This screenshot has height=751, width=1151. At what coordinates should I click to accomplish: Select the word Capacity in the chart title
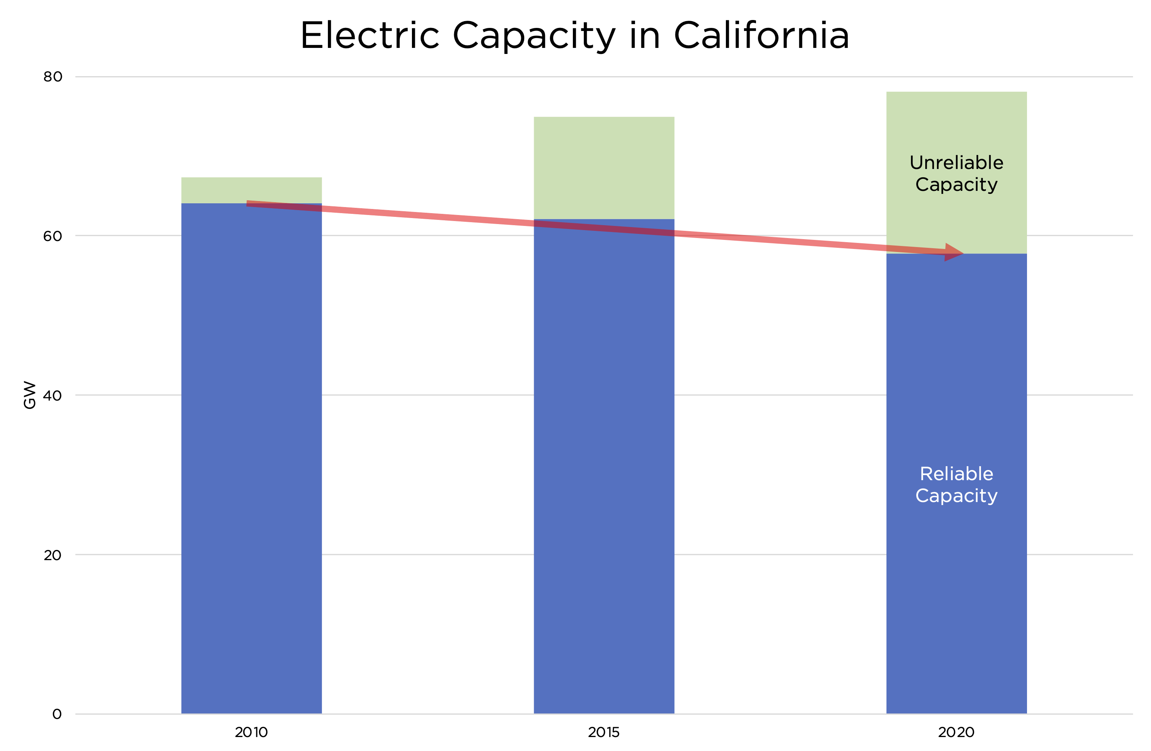tap(534, 36)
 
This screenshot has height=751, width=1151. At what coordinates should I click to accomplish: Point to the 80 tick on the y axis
tap(53, 77)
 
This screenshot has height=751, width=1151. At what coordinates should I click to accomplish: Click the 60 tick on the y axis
tap(53, 236)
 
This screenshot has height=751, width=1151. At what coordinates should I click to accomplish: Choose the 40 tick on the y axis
tap(53, 395)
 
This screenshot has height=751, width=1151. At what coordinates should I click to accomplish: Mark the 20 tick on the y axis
tap(53, 554)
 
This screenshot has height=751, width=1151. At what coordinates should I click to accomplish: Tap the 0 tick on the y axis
tap(57, 714)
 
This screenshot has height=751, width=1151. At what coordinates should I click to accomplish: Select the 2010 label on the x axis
tap(251, 732)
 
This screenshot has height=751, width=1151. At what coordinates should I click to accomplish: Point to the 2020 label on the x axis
tap(956, 732)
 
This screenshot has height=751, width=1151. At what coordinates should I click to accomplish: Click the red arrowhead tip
tap(963, 253)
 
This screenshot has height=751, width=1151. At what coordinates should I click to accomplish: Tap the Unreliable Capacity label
tap(956, 173)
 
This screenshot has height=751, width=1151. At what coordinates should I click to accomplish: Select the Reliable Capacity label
tap(956, 484)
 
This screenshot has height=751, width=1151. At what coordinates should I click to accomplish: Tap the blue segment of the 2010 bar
tap(251, 460)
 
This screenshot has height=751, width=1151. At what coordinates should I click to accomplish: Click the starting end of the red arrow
tap(248, 204)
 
